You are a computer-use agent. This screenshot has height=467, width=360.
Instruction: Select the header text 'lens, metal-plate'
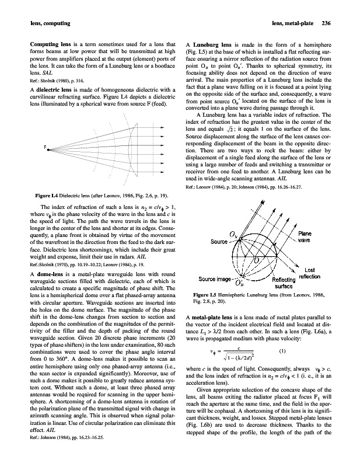click(x=292, y=23)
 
